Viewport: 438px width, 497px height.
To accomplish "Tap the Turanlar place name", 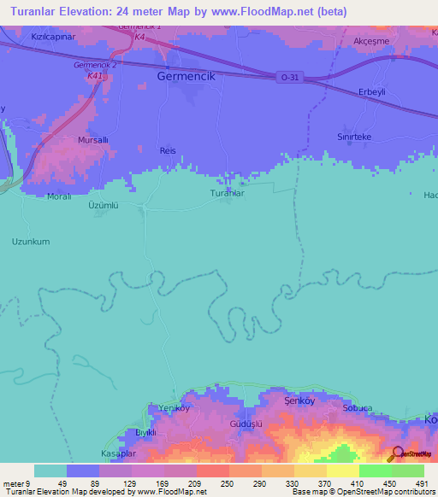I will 228,194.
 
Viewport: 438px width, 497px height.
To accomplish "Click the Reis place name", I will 168,150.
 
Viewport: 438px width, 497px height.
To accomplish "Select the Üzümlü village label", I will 102,206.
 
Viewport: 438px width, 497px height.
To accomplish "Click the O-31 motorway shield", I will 290,78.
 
